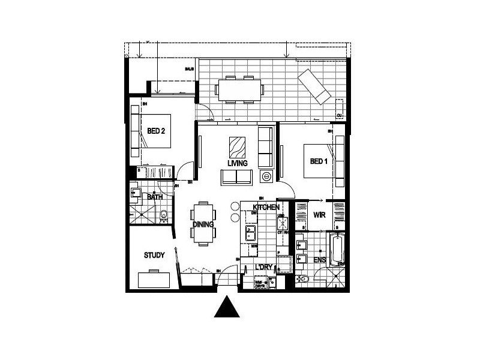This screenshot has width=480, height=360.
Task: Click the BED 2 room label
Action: pyautogui.click(x=156, y=131)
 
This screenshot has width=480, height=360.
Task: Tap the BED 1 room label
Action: pyautogui.click(x=319, y=161)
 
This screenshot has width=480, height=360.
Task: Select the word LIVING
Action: pyautogui.click(x=238, y=163)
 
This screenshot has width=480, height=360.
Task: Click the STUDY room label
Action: pyautogui.click(x=154, y=256)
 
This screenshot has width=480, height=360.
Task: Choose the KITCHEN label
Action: pyautogui.click(x=266, y=206)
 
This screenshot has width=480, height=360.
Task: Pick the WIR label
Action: pyautogui.click(x=319, y=215)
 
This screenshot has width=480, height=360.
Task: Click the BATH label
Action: pyautogui.click(x=155, y=197)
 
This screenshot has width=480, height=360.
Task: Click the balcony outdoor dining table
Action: pyautogui.click(x=240, y=90)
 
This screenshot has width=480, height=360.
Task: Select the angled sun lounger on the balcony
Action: pyautogui.click(x=316, y=86)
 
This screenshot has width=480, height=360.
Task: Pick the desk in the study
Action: pyautogui.click(x=154, y=279)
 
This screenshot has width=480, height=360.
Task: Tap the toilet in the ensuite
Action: pyautogui.click(x=304, y=278)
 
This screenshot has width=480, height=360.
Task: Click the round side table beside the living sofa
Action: pyautogui.click(x=265, y=177)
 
